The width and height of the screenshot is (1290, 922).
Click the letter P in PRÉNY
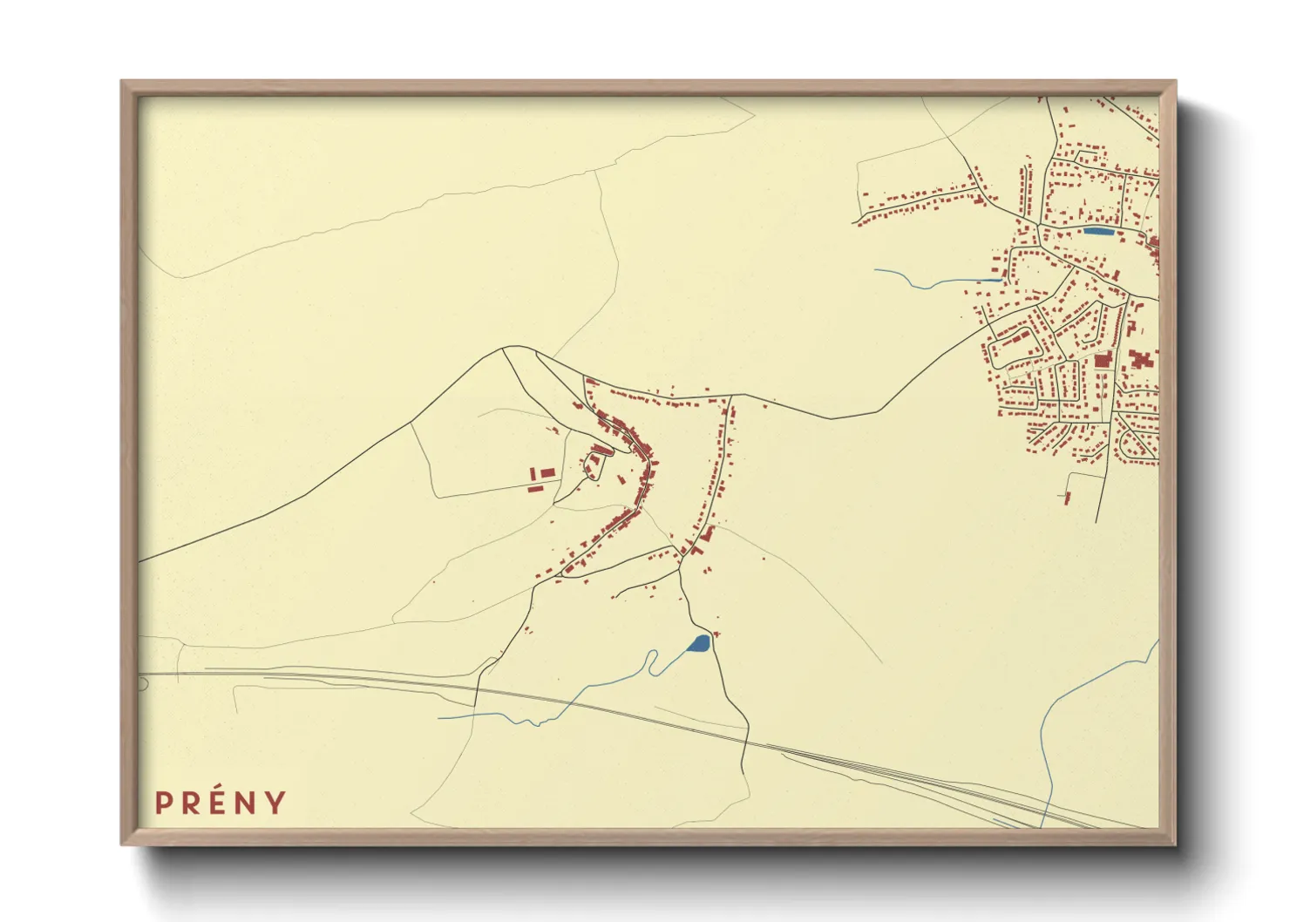coord(163,803)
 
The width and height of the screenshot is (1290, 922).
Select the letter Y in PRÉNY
coord(276,803)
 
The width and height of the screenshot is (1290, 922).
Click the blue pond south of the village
coord(699,644)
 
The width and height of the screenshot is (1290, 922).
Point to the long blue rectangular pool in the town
coord(1098,232)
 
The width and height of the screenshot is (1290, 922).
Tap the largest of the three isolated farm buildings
coord(547,472)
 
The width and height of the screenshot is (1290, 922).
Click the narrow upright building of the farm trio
coord(533,473)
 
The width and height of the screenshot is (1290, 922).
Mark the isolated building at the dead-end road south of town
coord(1068,498)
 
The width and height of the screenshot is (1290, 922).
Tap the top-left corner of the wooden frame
coord(122,82)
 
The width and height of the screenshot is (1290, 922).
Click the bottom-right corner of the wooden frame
coord(1175,844)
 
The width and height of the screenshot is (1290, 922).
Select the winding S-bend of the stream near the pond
coord(652,662)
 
